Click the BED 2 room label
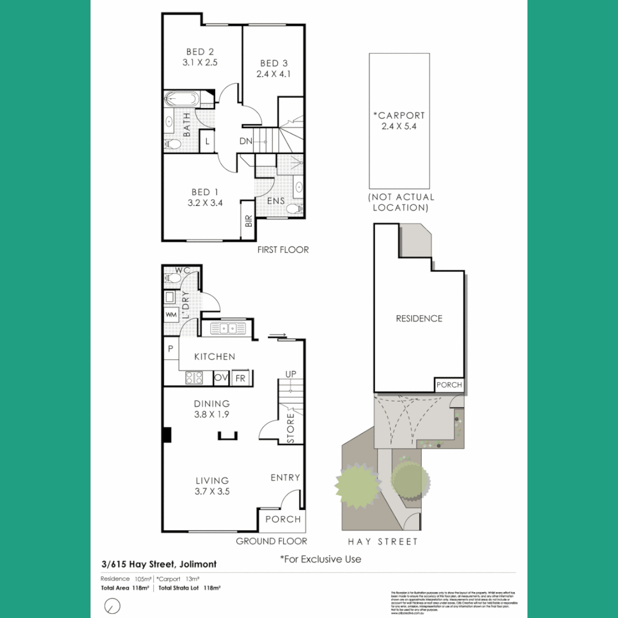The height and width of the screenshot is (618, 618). [200, 51]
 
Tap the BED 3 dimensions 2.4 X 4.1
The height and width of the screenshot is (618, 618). [274, 74]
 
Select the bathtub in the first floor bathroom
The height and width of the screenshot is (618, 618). [181, 100]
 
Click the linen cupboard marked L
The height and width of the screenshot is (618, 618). [207, 140]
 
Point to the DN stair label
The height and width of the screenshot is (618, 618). [245, 141]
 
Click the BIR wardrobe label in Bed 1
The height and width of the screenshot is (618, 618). [248, 220]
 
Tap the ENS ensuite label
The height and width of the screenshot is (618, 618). [276, 201]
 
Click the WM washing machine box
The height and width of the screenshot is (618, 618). [171, 314]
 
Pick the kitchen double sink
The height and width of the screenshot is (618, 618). [228, 328]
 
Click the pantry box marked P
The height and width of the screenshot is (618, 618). [171, 348]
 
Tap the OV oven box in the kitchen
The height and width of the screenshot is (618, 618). [221, 378]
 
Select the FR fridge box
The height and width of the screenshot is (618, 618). [240, 378]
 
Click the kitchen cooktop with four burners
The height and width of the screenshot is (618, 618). [194, 378]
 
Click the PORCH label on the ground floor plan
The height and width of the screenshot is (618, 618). [283, 519]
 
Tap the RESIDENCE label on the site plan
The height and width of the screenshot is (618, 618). [419, 318]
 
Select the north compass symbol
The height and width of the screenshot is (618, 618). [113, 605]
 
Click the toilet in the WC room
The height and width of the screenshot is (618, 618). [173, 279]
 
